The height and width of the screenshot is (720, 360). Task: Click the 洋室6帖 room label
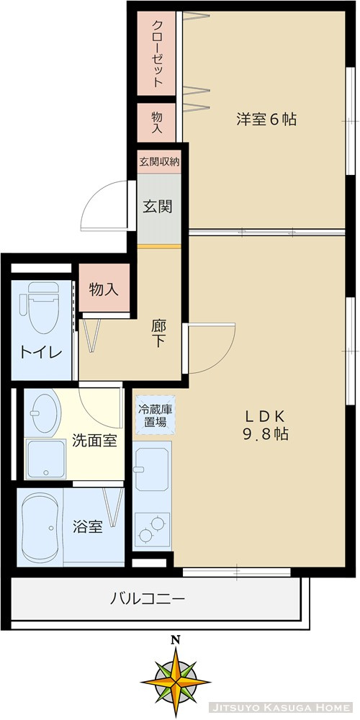tap(266, 120)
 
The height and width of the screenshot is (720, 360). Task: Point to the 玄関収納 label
tap(159, 162)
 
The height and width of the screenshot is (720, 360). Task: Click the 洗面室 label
tap(94, 441)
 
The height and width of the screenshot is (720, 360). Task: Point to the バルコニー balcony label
tap(148, 598)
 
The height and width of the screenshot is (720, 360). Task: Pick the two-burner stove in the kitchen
tap(153, 530)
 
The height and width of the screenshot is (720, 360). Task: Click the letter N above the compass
tap(175, 639)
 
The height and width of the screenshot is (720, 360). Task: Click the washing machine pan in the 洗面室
tap(46, 459)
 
